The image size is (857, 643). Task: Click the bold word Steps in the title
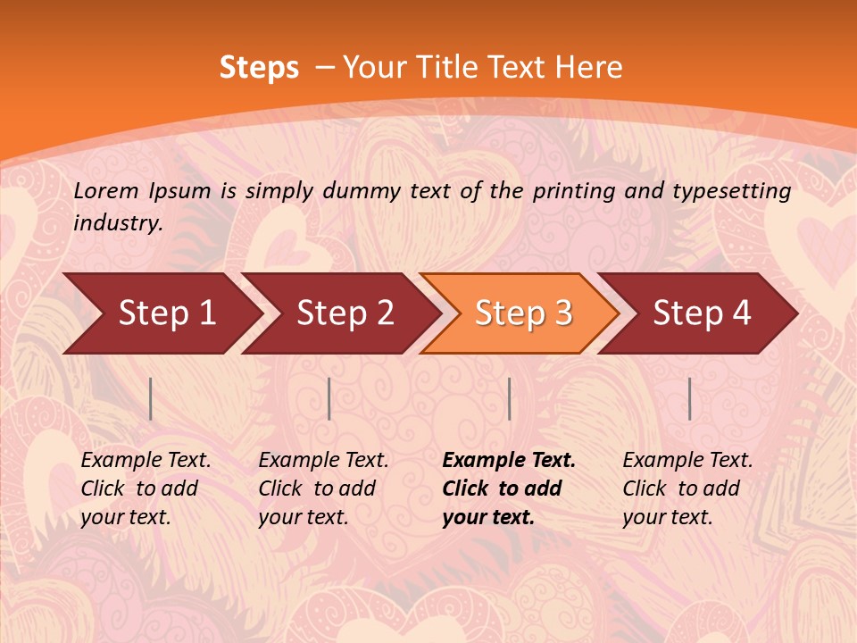pyautogui.click(x=259, y=68)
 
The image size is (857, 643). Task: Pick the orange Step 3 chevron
pyautogui.click(x=523, y=313)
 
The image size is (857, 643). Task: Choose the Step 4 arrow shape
pyautogui.click(x=702, y=313)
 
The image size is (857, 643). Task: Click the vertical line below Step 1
pyautogui.click(x=151, y=398)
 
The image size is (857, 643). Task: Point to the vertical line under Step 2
pyautogui.click(x=329, y=398)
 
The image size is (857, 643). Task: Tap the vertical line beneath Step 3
pyautogui.click(x=509, y=398)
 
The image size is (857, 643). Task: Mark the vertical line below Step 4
pyautogui.click(x=689, y=398)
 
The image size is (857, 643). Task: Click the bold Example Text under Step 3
pyautogui.click(x=509, y=461)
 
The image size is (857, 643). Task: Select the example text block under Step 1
pyautogui.click(x=146, y=489)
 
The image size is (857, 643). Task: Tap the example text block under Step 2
pyautogui.click(x=323, y=489)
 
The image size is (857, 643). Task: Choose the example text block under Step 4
pyautogui.click(x=687, y=489)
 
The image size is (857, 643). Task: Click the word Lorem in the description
pyautogui.click(x=105, y=190)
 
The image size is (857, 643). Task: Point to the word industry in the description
pyautogui.click(x=118, y=223)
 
